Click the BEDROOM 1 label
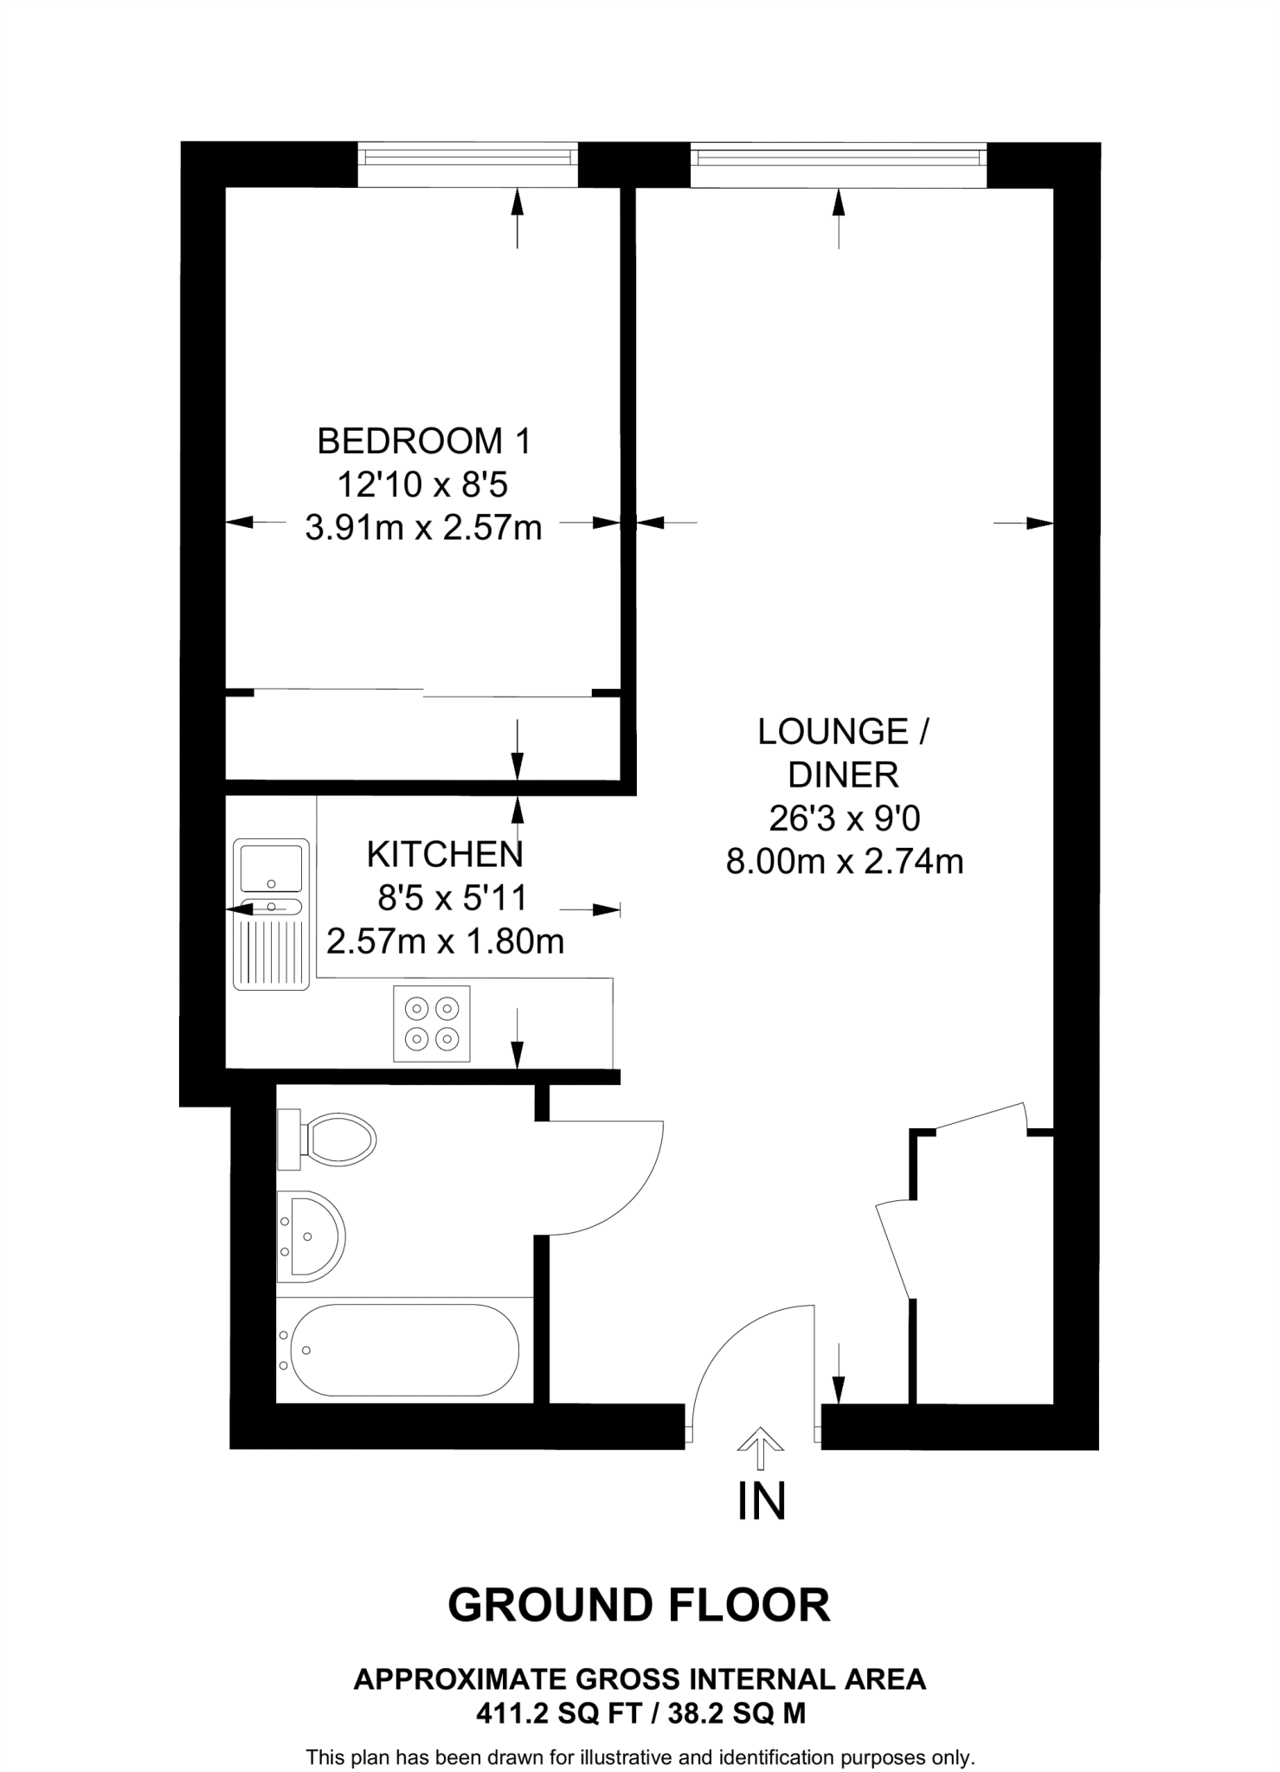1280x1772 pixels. coord(423,441)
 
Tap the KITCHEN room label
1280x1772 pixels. coord(445,855)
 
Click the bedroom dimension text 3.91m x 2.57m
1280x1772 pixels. coord(423,527)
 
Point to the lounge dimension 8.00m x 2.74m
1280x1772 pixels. coord(844,862)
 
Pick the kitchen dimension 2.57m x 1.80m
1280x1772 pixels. coord(445,941)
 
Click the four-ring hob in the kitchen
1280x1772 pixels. coord(432,1023)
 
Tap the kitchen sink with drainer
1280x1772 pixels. coord(271,914)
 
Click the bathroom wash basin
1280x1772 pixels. coord(312,1236)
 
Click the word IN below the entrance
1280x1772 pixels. coord(761,1501)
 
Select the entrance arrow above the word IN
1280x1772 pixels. coord(760,1448)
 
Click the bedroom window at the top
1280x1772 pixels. coord(468,157)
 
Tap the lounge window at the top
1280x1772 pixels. coord(838,157)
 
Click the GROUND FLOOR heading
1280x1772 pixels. coord(639,1605)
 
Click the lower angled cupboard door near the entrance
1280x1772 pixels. coord(895,1250)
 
